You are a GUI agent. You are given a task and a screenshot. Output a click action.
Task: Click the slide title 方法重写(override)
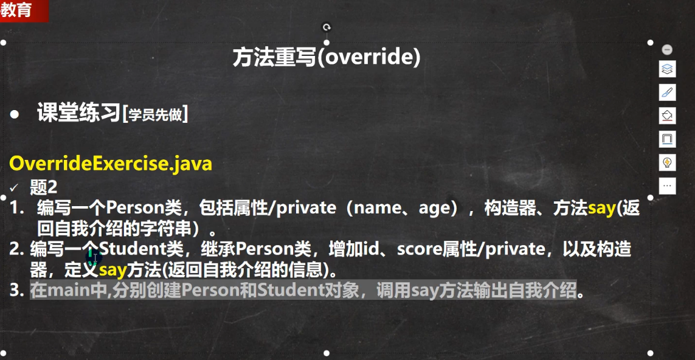(x=327, y=58)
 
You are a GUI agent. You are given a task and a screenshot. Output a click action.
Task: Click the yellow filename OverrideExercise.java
(x=111, y=164)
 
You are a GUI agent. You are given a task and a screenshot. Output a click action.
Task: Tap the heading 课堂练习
(x=79, y=114)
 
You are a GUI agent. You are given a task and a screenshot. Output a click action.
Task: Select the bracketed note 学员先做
(x=154, y=115)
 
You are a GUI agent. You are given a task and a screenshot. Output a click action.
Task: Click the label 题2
(x=43, y=188)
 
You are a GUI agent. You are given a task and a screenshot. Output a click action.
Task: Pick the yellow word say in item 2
(x=112, y=269)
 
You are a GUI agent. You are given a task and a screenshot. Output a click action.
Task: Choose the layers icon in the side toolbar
(x=667, y=69)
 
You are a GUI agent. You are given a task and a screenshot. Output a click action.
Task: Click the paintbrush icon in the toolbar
(x=667, y=92)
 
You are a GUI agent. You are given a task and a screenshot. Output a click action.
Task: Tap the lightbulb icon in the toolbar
(x=667, y=162)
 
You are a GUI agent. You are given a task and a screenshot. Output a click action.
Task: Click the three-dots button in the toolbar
(x=667, y=185)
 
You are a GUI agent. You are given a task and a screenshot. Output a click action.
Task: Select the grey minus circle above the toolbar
(x=667, y=49)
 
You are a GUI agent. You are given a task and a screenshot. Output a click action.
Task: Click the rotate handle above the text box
(x=327, y=27)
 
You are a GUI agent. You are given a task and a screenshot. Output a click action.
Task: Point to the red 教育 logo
(x=23, y=10)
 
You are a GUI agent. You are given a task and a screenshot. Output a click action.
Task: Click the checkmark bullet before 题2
(x=13, y=189)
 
